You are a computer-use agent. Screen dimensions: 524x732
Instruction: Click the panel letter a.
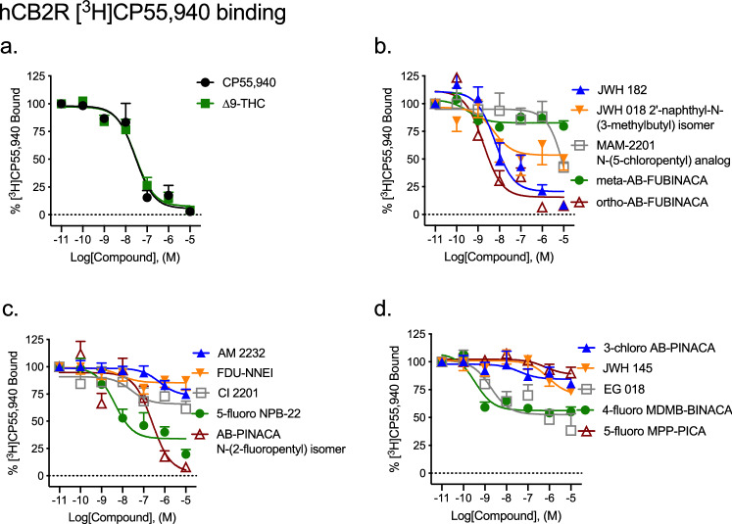point(13,45)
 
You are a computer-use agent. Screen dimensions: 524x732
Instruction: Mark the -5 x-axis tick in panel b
point(563,239)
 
